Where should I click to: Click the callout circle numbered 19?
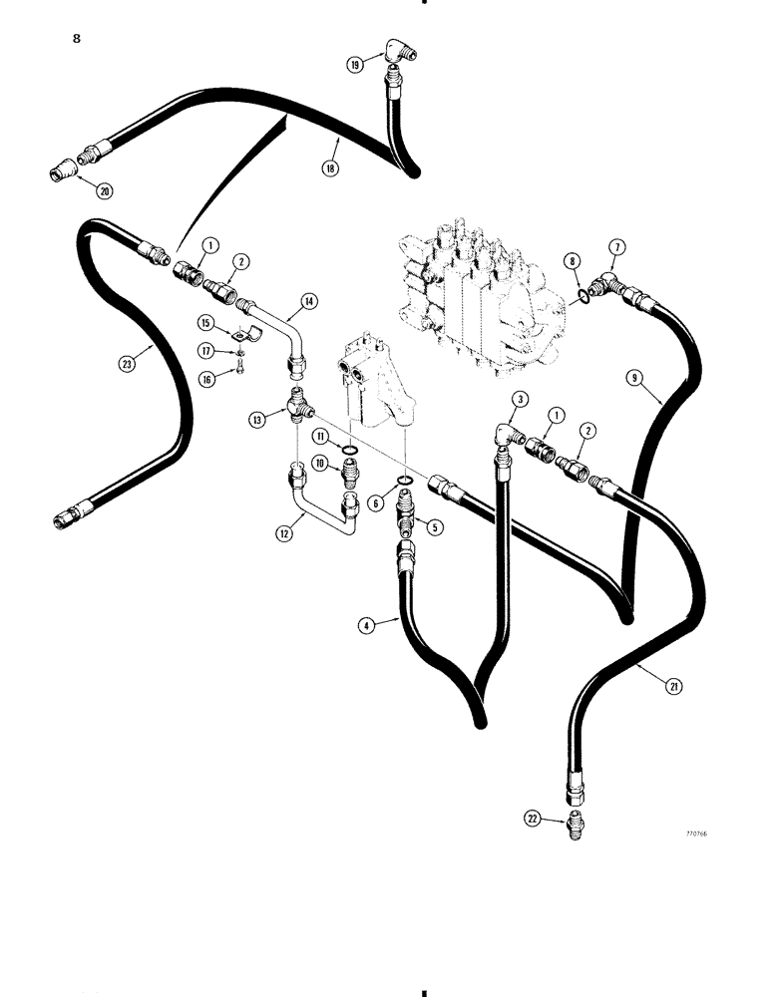tap(353, 66)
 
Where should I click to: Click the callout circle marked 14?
tap(309, 300)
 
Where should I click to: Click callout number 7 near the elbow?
tap(617, 246)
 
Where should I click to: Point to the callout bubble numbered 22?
tap(533, 820)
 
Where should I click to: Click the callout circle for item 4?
tap(368, 625)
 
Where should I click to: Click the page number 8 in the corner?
tap(76, 40)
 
